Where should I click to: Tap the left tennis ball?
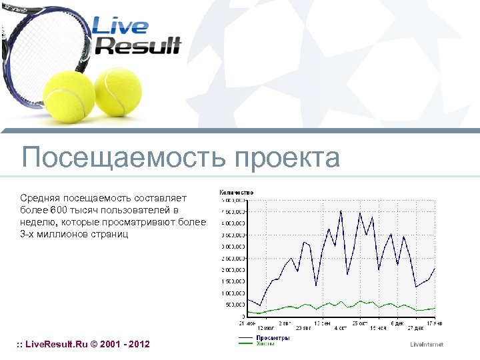point(70,95)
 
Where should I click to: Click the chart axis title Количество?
point(236,193)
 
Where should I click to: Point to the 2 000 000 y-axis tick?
point(233,270)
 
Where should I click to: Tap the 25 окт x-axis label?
point(359,323)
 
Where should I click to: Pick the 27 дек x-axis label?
point(415,328)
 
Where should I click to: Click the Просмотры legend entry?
point(273,338)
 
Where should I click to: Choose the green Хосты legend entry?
point(266,343)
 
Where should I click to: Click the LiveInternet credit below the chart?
point(427,344)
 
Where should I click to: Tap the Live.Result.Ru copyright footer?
point(83,344)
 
